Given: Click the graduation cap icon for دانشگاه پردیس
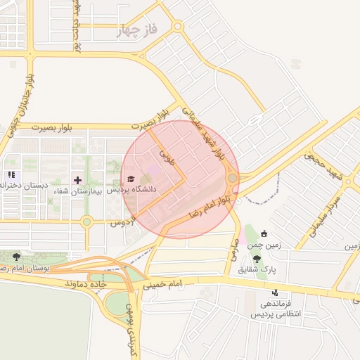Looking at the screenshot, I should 131,178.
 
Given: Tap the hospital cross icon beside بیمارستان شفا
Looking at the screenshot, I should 77,180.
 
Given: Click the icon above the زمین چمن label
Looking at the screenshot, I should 264,234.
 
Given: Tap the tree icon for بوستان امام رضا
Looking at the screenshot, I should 17,257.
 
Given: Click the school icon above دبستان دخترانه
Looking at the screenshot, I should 11,174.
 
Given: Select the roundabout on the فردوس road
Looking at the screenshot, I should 86,222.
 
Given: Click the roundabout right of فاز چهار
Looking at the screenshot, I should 177,27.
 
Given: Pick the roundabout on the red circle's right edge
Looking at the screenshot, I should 232,178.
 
